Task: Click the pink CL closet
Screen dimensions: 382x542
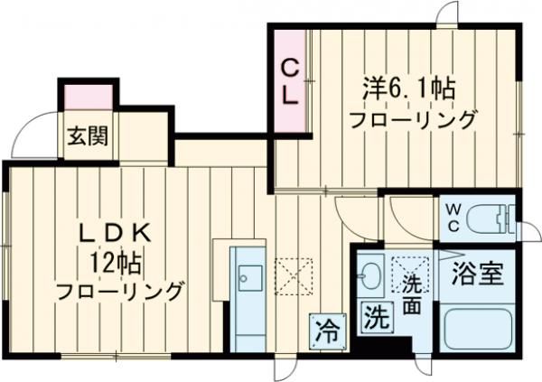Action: [289, 82]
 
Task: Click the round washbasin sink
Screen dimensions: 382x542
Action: [370, 274]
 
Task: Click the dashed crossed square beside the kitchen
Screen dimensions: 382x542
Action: [294, 275]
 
